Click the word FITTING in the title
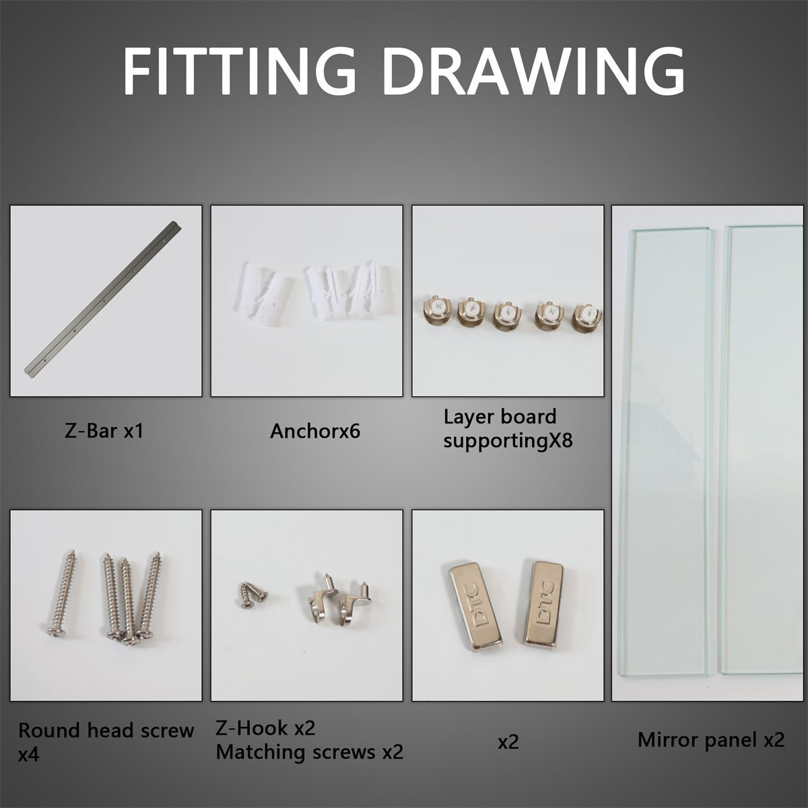(x=240, y=71)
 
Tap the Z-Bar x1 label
(x=104, y=431)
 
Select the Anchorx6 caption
(x=315, y=431)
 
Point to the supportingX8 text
(x=508, y=440)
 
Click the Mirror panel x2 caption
(x=711, y=739)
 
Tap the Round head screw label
(x=106, y=731)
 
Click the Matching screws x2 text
(x=310, y=752)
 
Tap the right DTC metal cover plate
(x=543, y=604)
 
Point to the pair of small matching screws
(x=253, y=594)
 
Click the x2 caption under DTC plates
(x=508, y=742)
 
